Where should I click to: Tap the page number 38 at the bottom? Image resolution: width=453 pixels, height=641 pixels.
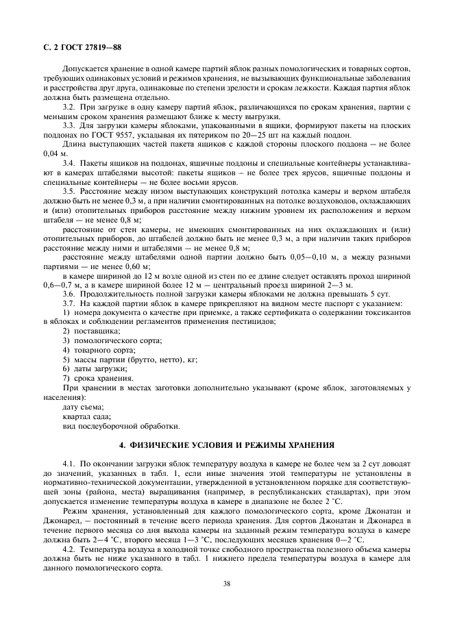(x=226, y=584)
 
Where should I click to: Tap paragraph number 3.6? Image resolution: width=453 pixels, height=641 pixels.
(x=69, y=294)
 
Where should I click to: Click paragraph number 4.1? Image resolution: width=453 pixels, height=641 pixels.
(x=69, y=465)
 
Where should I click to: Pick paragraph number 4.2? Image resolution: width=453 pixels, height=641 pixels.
(x=69, y=549)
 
